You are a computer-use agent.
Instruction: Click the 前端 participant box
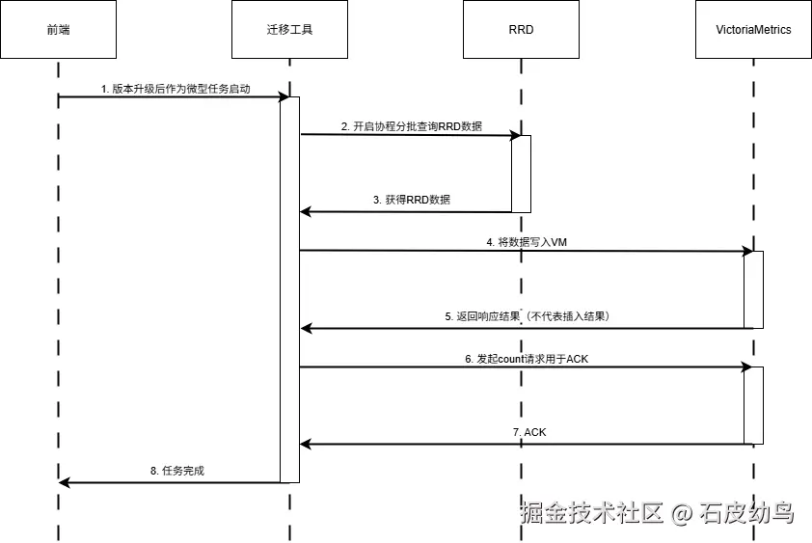coord(58,29)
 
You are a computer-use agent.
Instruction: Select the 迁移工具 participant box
coord(289,29)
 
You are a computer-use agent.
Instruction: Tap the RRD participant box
coord(521,29)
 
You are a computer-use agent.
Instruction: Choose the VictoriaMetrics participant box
coord(753,29)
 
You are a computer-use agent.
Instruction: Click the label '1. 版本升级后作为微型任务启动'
coord(176,89)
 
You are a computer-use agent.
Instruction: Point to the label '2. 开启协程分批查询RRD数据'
coord(412,126)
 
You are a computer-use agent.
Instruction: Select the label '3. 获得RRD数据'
coord(412,200)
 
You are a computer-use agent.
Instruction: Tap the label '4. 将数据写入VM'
coord(527,242)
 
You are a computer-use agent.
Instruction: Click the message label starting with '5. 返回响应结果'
coord(528,316)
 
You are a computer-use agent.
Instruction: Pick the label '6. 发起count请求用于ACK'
coord(527,359)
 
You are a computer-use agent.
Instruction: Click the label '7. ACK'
coord(529,432)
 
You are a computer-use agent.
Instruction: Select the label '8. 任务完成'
coord(177,471)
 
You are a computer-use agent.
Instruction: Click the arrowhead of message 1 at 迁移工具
coord(284,96)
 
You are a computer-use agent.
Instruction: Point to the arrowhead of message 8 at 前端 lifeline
coord(64,483)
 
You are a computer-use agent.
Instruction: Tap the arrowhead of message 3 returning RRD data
coord(305,211)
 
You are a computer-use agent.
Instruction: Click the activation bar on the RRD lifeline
coord(522,175)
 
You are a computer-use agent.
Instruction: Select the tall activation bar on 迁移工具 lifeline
coord(290,289)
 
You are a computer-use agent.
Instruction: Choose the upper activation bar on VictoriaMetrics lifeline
coord(754,289)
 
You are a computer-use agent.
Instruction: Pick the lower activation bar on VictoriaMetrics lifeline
coord(754,406)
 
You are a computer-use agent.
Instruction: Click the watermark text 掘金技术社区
coord(592,512)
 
